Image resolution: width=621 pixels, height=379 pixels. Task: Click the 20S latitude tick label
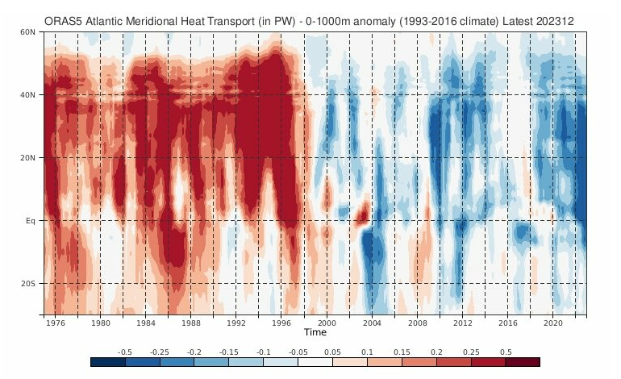pyautogui.click(x=28, y=284)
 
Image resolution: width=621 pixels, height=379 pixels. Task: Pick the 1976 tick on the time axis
pyautogui.click(x=55, y=323)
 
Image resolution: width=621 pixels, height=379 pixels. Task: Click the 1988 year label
pyautogui.click(x=190, y=323)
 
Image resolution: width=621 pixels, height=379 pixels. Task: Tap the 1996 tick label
pyautogui.click(x=281, y=323)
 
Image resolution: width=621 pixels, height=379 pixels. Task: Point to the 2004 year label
pyautogui.click(x=371, y=323)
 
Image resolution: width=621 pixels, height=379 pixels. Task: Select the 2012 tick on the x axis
pyautogui.click(x=462, y=323)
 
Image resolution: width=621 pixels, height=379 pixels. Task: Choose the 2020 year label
pyautogui.click(x=552, y=323)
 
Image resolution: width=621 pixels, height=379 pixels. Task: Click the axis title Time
pyautogui.click(x=315, y=332)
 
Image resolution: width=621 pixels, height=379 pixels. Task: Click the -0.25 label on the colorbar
pyautogui.click(x=160, y=352)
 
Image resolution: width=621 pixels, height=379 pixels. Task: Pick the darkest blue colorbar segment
pyautogui.click(x=108, y=362)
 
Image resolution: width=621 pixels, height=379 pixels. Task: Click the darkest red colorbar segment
pyautogui.click(x=522, y=362)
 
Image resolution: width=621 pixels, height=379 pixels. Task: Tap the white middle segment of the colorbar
pyautogui.click(x=315, y=362)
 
